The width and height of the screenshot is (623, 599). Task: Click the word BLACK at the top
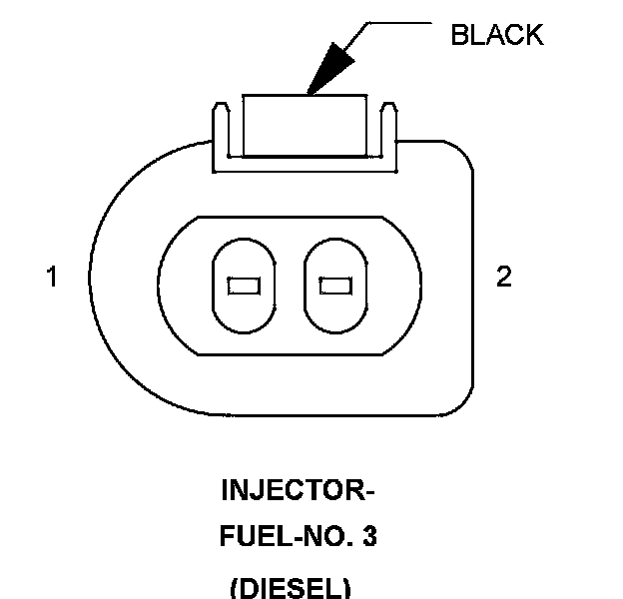497,35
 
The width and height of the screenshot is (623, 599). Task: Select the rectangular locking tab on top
306,125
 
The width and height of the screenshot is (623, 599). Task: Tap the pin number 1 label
51,277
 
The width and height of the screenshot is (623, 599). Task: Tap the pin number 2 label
503,277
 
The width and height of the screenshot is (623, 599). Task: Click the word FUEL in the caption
246,537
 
